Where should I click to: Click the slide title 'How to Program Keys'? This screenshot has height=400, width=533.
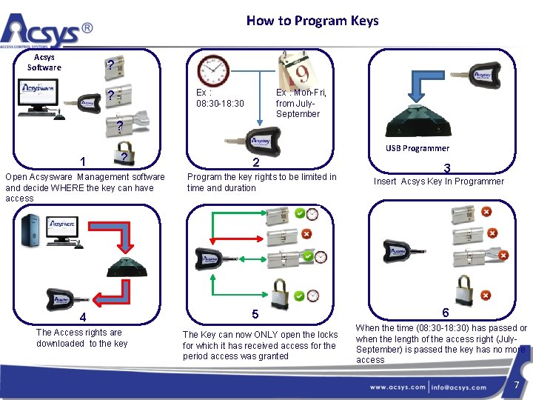tap(312, 21)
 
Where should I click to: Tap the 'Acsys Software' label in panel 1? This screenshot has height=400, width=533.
tap(44, 62)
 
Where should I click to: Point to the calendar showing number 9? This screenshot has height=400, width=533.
tap(297, 70)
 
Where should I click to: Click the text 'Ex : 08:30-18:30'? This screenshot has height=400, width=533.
tap(215, 98)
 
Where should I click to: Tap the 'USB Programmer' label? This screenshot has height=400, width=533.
tap(417, 148)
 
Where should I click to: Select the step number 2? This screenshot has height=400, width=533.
tap(255, 163)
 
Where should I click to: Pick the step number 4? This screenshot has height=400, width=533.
tap(83, 318)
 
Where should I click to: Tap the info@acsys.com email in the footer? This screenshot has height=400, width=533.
tap(460, 387)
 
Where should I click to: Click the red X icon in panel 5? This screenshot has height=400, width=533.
tap(306, 234)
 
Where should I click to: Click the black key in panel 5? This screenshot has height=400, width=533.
tap(209, 258)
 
